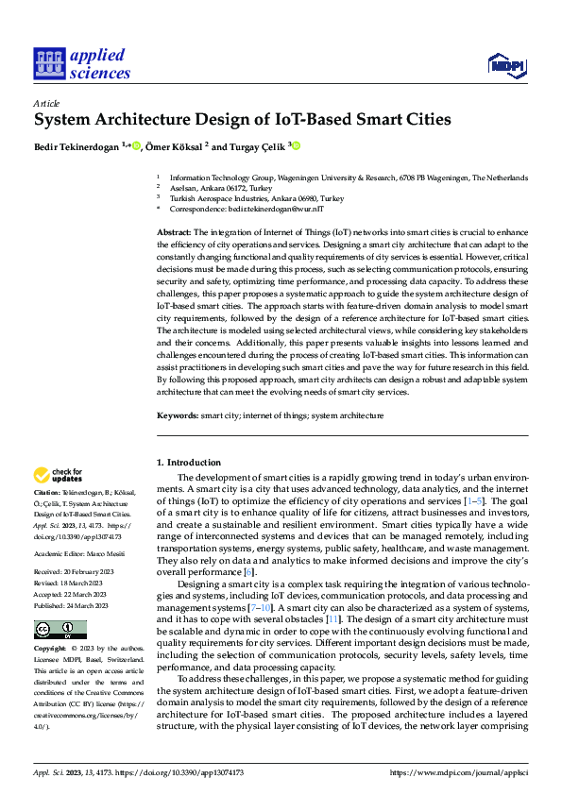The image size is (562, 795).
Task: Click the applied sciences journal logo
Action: point(82,63)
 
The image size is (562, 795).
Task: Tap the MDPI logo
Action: point(504,64)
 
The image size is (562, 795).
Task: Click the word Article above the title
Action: point(46,103)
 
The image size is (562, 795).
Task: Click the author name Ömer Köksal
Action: point(175,146)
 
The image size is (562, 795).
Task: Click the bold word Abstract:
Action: point(174,231)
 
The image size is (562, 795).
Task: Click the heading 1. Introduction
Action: point(188,463)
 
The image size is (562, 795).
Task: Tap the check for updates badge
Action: point(59,476)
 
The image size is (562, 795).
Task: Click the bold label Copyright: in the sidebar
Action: point(51,650)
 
